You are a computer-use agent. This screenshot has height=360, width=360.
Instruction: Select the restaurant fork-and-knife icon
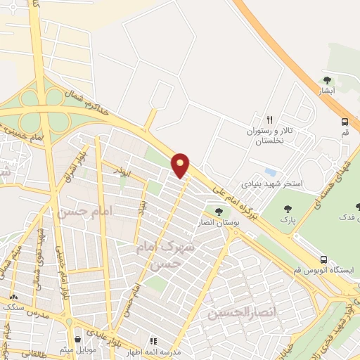[269, 120]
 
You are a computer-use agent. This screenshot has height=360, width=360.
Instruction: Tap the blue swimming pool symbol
[271, 172]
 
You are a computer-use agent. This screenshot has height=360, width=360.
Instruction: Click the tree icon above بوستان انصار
[219, 211]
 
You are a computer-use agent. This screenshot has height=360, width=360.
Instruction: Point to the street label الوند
[122, 170]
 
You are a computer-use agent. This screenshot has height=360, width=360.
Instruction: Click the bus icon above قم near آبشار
[345, 121]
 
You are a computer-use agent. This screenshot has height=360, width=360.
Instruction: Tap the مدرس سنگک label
[20, 307]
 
